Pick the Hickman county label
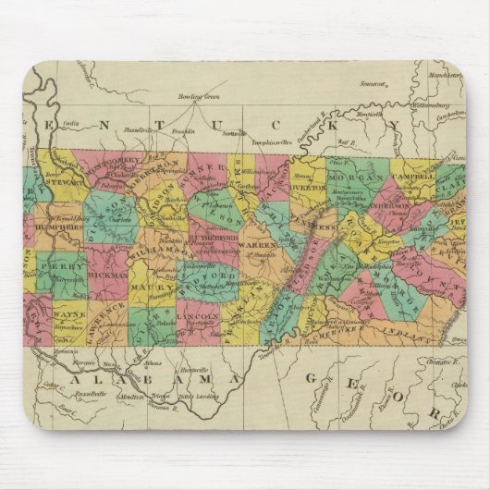[109, 276]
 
